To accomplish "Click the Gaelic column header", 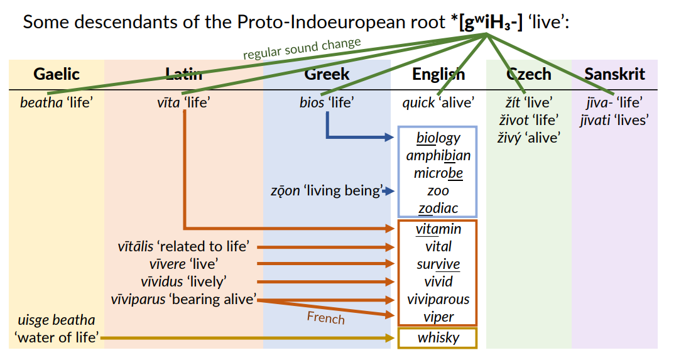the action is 57,74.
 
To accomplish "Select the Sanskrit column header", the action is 614,74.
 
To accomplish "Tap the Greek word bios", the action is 312,102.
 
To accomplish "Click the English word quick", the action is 418,103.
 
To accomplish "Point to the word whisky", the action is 438,337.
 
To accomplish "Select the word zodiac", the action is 438,208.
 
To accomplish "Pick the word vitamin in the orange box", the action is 438,229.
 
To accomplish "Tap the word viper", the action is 438,317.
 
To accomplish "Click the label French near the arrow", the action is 325,317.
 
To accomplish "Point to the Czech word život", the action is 514,120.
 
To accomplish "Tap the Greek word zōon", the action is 285,191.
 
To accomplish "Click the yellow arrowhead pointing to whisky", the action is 390,337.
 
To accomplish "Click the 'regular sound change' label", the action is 302,48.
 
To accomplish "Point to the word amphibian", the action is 438,156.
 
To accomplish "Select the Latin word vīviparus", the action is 138,300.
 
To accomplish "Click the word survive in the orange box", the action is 438,265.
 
